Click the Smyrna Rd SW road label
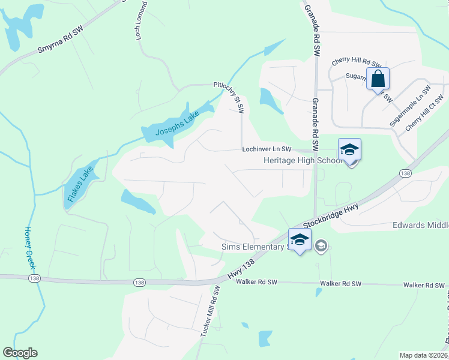(59, 40)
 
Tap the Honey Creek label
(29, 247)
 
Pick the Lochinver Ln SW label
(267, 149)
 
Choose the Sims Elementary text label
(252, 247)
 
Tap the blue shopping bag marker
(378, 79)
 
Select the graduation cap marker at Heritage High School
(349, 150)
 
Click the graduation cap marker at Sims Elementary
(300, 239)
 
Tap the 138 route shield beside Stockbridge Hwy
(404, 173)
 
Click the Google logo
(20, 353)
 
